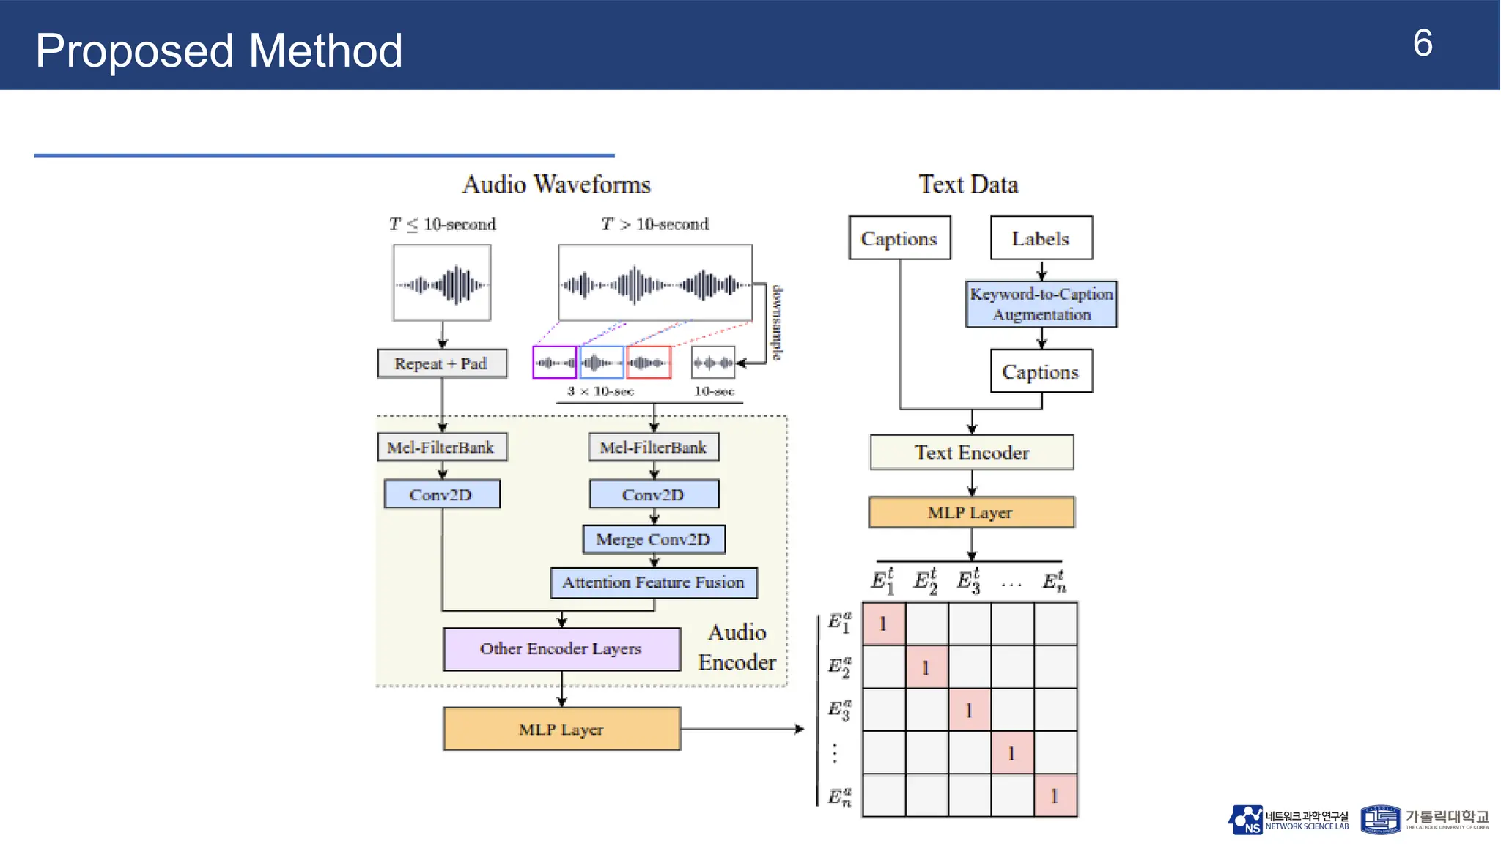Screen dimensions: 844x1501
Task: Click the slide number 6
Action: click(1422, 44)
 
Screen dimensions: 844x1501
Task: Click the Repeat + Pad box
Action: click(442, 363)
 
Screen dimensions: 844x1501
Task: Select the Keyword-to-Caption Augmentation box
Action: click(1041, 304)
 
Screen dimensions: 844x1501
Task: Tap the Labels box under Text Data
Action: click(1041, 238)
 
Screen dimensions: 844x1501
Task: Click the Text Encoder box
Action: click(972, 453)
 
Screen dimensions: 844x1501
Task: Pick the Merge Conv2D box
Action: click(654, 539)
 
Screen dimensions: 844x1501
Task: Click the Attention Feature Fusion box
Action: click(654, 582)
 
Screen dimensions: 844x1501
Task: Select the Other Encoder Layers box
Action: click(561, 649)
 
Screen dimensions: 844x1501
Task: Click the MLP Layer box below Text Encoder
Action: click(972, 513)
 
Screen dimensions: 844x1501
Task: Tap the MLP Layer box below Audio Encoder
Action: click(561, 730)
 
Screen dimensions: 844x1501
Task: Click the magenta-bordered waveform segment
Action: click(554, 363)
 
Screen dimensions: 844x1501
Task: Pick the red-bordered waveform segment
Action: click(649, 363)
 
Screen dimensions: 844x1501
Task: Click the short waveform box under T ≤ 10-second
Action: click(442, 284)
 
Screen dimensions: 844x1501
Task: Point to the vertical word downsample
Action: click(776, 322)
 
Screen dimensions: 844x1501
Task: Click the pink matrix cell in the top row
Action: click(884, 624)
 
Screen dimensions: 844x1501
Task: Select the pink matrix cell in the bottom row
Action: click(1055, 796)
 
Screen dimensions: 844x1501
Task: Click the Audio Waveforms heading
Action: click(556, 185)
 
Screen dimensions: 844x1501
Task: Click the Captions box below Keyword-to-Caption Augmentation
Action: click(1041, 371)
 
